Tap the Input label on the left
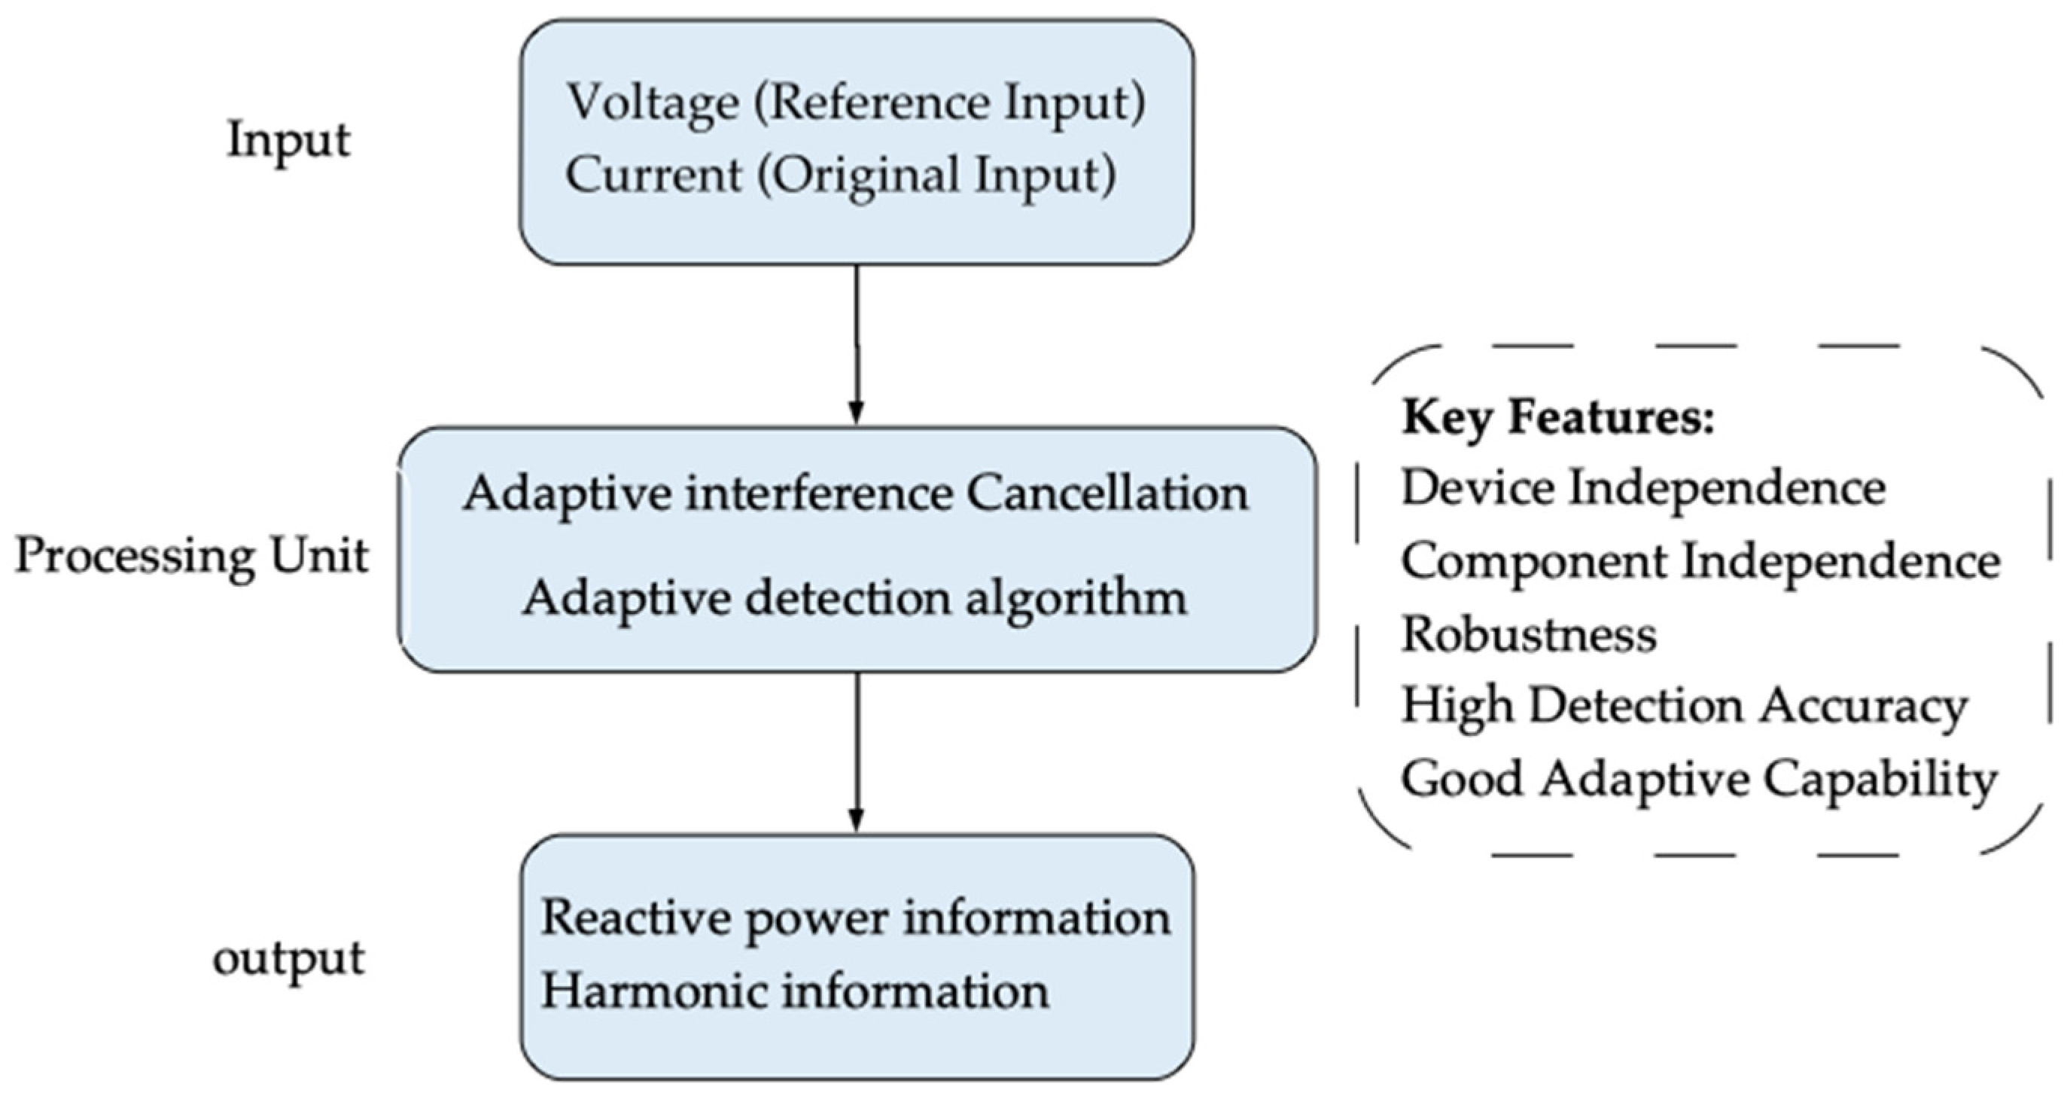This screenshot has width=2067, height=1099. point(288,142)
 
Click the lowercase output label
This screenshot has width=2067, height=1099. point(288,958)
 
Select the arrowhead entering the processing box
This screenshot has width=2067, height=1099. point(856,413)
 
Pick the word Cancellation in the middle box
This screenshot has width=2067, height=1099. point(1107,493)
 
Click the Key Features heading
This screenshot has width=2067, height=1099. point(1557,418)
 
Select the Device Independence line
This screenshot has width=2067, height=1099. point(1643,488)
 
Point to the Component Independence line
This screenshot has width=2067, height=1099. point(1700,561)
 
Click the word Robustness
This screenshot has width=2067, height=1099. point(1529,634)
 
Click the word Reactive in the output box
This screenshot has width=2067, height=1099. point(635,917)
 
